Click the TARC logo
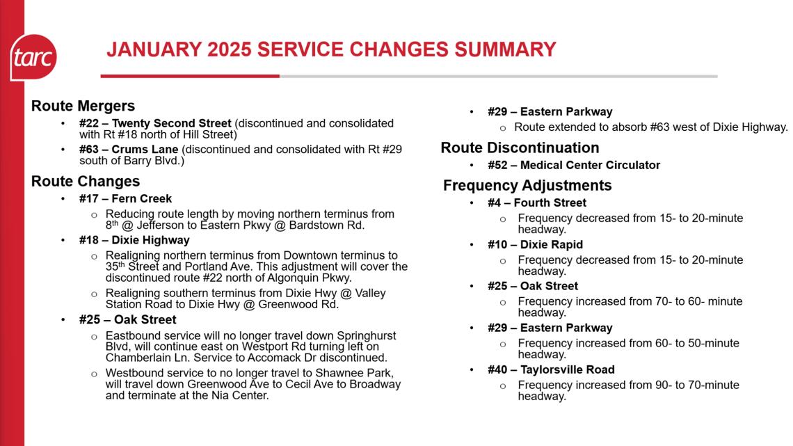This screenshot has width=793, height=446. pos(33,58)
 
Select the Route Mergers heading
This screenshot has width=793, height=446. pos(83,106)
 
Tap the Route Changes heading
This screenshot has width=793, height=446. pos(86,181)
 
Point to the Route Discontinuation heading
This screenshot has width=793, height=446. pos(520,148)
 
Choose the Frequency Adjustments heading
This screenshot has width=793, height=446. pos(527,185)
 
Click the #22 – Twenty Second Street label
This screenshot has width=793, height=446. pos(155,123)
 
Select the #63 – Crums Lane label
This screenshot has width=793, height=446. pos(129,150)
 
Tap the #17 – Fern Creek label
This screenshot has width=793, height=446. pos(125,198)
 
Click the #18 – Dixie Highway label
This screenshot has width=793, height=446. pos(134,240)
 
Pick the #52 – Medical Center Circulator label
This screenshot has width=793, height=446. pos(574,165)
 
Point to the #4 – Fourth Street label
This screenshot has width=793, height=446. pos(536,202)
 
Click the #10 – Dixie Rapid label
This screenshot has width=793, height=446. pos(535,244)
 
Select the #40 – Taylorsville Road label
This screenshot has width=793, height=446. pos(551,369)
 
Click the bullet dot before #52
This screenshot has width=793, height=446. pos(472,166)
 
